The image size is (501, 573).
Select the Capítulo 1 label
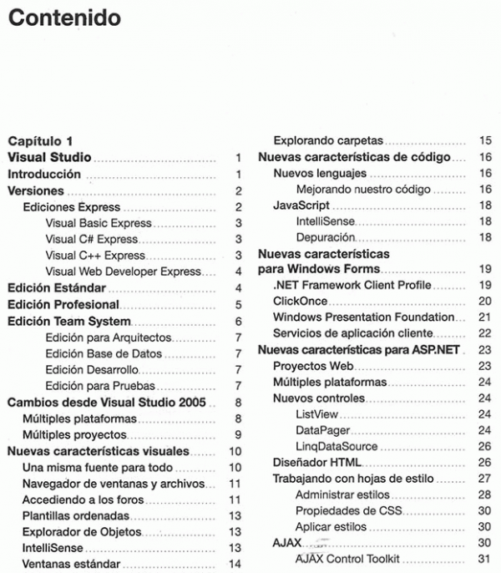point(41,140)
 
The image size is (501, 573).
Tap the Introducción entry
point(44,175)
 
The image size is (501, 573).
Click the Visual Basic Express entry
point(99,223)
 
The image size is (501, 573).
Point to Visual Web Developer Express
point(123,271)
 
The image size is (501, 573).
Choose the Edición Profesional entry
point(63,305)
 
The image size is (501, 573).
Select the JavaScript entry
point(301,205)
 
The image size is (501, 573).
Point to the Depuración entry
point(325,237)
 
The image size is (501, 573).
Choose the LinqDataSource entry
point(336,446)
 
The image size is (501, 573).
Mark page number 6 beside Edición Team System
point(238,322)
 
